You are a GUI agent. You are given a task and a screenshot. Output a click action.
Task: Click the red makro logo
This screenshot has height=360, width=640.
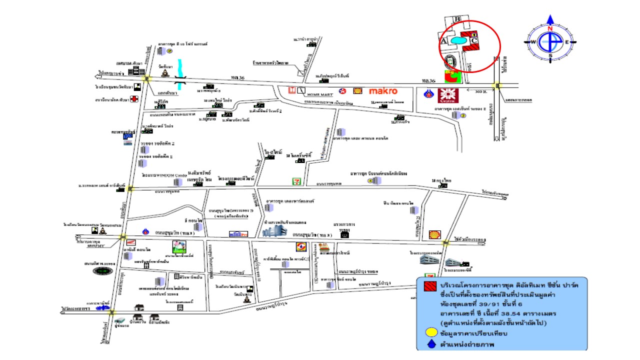pos(383,91)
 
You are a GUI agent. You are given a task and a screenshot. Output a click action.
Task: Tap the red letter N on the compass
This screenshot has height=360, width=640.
pos(550,28)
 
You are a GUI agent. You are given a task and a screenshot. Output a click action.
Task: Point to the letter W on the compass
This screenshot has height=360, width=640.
pos(533,42)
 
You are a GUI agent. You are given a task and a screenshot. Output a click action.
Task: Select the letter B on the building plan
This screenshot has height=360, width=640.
pos(457,19)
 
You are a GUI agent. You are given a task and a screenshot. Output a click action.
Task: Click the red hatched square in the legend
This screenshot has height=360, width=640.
pos(429,286)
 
